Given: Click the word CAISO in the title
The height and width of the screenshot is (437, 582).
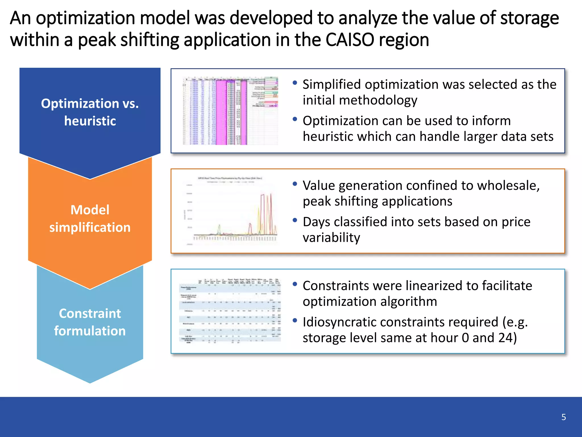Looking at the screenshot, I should (x=349, y=40).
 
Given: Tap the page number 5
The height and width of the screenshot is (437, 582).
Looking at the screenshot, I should (x=564, y=417).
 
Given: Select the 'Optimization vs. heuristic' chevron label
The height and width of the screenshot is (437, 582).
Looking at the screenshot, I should (x=90, y=112).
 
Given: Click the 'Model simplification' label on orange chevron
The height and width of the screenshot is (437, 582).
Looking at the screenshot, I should (x=90, y=218).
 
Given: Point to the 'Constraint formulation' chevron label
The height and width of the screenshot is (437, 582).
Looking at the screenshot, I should (x=90, y=322).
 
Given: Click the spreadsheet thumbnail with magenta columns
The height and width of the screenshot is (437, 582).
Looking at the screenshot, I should (x=230, y=111).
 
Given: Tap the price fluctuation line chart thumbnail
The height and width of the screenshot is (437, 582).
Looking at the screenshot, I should (x=230, y=211).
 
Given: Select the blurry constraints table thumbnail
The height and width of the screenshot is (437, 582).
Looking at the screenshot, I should (x=230, y=311).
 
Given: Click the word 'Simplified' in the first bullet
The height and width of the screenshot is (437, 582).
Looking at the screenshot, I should (x=332, y=84).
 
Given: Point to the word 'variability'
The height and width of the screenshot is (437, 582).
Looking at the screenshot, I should (x=331, y=238).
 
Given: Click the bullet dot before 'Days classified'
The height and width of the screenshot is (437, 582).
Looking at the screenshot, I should (x=295, y=220).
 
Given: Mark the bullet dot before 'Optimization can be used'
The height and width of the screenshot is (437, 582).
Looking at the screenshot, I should (x=295, y=119).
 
